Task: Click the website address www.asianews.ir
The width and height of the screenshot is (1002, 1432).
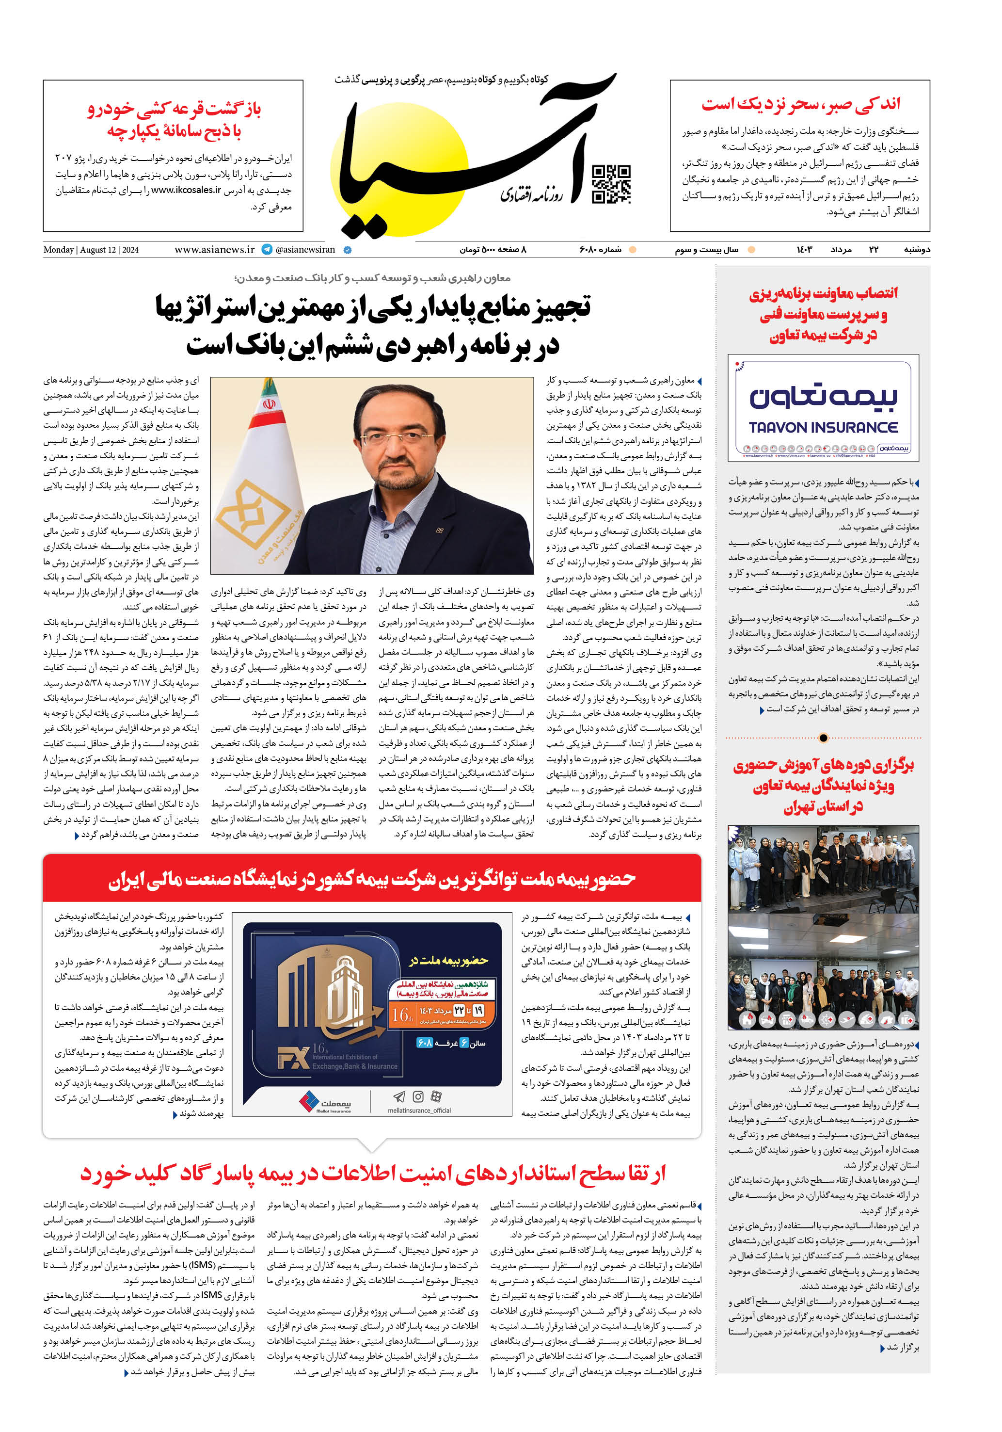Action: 214,249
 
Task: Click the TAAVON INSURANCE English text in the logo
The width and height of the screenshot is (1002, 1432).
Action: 823,427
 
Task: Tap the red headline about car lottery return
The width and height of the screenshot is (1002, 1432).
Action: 174,120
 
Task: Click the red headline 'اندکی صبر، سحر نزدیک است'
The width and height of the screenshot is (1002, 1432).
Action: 801,104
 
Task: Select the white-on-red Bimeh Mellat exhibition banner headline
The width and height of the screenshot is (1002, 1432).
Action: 372,879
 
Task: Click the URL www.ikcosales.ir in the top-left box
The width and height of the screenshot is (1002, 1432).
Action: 187,190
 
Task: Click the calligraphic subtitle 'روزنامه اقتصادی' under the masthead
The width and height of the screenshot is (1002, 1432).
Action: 531,194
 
